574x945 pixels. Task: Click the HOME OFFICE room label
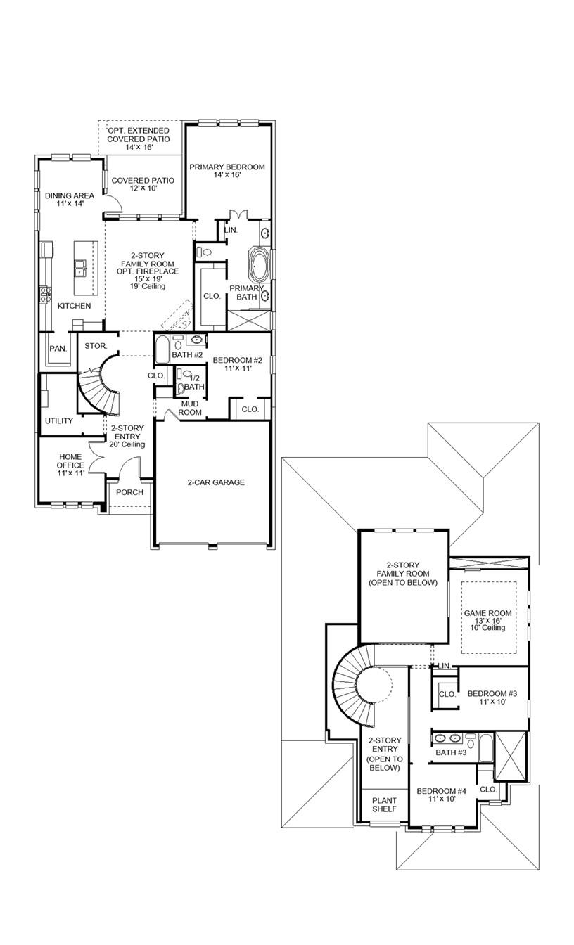[x=70, y=465]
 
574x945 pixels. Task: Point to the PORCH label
[x=129, y=492]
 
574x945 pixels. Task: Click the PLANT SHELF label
[x=384, y=804]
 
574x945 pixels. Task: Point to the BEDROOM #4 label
[x=441, y=795]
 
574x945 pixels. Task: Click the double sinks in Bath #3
[x=448, y=739]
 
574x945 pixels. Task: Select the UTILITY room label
[x=59, y=421]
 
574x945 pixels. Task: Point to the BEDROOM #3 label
[x=492, y=697]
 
